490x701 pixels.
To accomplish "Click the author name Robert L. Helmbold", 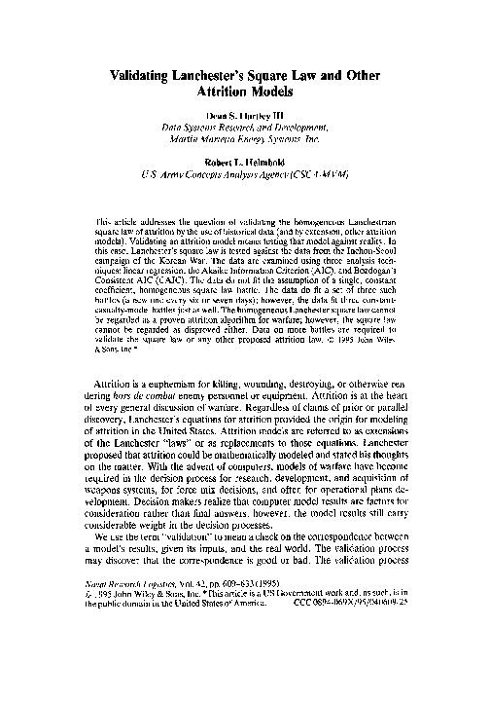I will point(245,171).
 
